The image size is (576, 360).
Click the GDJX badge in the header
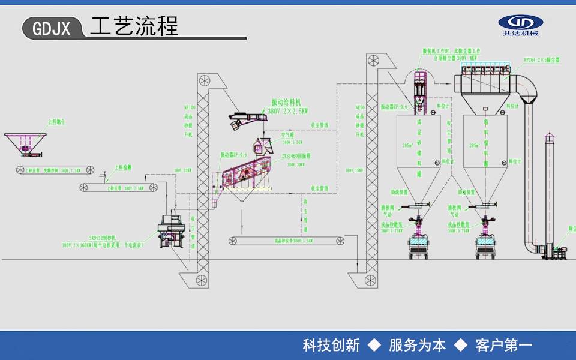tap(52, 28)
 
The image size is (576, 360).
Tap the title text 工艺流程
tap(134, 26)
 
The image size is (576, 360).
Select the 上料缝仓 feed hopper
tap(26, 143)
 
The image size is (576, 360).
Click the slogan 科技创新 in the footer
tap(331, 345)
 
